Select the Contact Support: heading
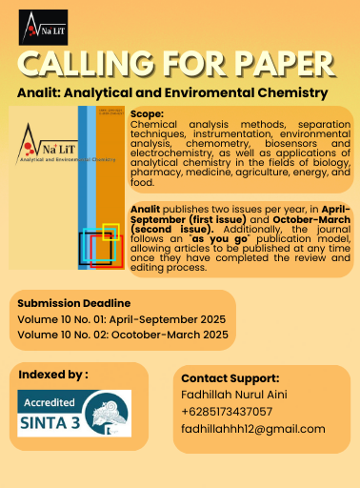pos(230,378)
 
